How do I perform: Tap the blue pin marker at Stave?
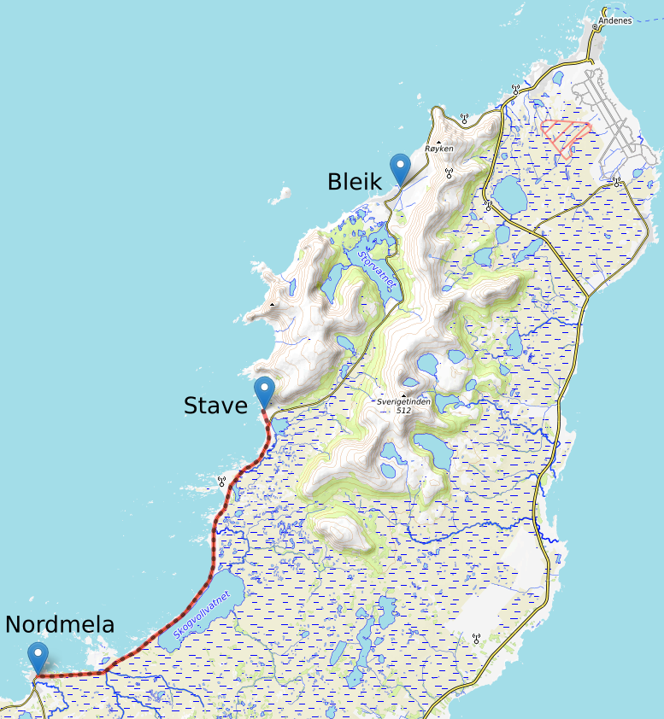tap(264, 391)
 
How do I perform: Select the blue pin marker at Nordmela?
tap(38, 657)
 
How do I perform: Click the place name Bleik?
tap(355, 181)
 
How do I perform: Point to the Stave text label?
tap(215, 405)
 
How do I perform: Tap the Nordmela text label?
tap(60, 625)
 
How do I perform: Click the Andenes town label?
tap(614, 20)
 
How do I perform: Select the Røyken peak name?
tap(439, 149)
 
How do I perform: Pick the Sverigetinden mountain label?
tap(404, 400)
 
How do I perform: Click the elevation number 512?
tap(404, 411)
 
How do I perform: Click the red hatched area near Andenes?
tap(564, 136)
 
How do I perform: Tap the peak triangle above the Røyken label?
tap(439, 141)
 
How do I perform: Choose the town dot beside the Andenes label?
tap(596, 26)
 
